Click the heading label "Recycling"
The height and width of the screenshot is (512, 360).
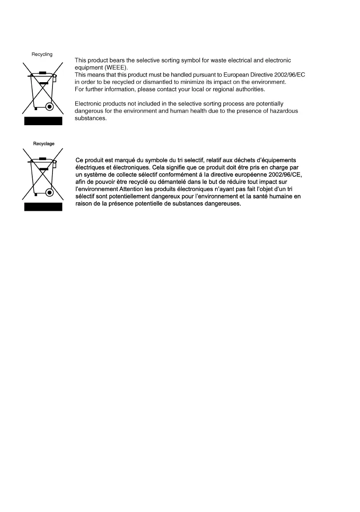pos(42,54)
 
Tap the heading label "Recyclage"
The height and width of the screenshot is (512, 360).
pos(44,144)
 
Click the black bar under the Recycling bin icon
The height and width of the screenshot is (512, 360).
pos(43,121)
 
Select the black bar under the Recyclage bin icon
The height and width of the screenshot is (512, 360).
pos(43,207)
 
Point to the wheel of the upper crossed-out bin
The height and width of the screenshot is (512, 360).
pos(49,106)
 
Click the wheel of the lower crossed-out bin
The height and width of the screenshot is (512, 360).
pos(49,192)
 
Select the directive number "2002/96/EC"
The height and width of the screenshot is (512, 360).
pos(290,75)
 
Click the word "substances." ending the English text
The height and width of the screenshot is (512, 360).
pos(91,118)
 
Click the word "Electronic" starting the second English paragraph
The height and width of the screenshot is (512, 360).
pos(89,104)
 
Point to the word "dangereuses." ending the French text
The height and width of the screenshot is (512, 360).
pos(222,204)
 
